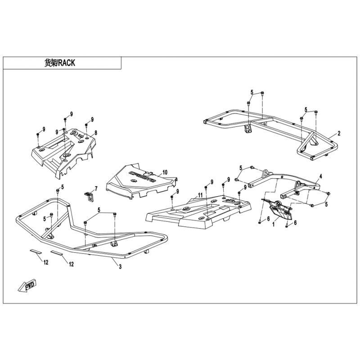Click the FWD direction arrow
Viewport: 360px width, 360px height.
pyautogui.click(x=28, y=286)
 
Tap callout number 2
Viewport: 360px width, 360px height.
pyautogui.click(x=339, y=134)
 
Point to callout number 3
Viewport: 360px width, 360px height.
pyautogui.click(x=120, y=267)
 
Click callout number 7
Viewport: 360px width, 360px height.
pyautogui.click(x=95, y=188)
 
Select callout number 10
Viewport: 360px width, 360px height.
pyautogui.click(x=165, y=172)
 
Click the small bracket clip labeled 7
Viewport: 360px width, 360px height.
pyautogui.click(x=90, y=196)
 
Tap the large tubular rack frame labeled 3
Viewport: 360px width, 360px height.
pyautogui.click(x=90, y=234)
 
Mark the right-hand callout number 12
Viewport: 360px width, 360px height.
pyautogui.click(x=71, y=265)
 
